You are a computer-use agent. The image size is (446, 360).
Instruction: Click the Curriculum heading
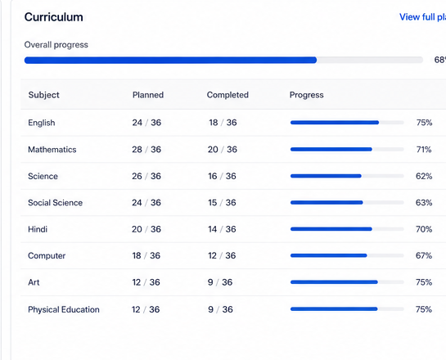[54, 17]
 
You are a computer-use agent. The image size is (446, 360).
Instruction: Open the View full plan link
[422, 17]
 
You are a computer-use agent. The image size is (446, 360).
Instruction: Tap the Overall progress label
[56, 45]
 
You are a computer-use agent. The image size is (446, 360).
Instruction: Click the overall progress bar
[223, 60]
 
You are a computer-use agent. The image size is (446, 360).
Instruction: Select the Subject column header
[44, 95]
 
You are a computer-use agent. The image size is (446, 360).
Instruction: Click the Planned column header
[148, 95]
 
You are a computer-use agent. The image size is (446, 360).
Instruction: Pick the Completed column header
[228, 95]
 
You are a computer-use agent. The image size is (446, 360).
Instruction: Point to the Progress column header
[306, 95]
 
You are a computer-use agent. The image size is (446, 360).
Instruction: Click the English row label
[42, 123]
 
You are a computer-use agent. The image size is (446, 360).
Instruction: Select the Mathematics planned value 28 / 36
[146, 150]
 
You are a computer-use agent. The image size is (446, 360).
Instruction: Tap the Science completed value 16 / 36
[222, 176]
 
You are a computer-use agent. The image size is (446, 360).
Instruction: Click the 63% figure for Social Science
[424, 203]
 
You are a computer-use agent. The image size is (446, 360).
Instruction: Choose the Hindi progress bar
[347, 229]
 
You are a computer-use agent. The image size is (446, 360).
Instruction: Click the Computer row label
[47, 256]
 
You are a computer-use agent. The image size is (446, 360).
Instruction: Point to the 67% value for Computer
[424, 255]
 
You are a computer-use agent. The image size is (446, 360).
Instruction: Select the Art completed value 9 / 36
[220, 282]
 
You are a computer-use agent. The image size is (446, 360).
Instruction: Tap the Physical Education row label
[64, 309]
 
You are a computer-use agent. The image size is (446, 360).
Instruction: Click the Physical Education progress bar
[347, 309]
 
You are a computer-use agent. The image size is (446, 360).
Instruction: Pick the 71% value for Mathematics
[424, 150]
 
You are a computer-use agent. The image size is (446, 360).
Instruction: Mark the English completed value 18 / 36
[223, 123]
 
